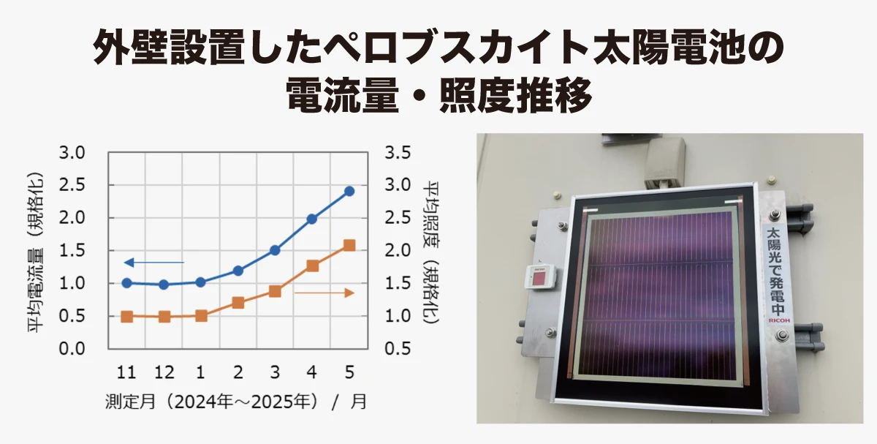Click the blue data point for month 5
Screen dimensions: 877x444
point(349,191)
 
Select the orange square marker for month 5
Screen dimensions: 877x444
point(349,246)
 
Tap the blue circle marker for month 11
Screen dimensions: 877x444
point(127,282)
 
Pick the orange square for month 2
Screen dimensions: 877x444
point(238,303)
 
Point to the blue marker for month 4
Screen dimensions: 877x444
point(312,219)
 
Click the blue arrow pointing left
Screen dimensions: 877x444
point(154,262)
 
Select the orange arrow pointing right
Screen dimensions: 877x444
point(324,293)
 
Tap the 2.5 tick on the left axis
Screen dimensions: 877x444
point(72,185)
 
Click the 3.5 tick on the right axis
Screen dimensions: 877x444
point(398,152)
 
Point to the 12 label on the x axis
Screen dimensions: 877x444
point(164,372)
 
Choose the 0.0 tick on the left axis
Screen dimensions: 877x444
point(72,349)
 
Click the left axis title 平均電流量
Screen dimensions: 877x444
point(36,290)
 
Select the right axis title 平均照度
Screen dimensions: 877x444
point(431,215)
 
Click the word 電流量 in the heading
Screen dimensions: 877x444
point(342,95)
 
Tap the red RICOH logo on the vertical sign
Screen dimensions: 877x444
point(779,320)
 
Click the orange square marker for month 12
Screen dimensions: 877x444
point(164,317)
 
